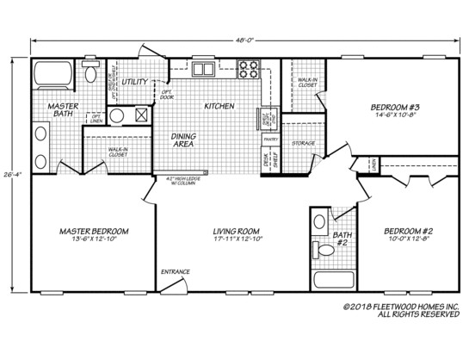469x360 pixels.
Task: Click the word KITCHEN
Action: [x=218, y=106]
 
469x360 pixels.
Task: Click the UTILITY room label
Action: [x=135, y=82]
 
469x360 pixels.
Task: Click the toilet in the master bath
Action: [x=90, y=72]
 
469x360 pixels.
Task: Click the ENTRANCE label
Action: [x=176, y=271]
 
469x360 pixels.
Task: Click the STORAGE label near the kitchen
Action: [x=303, y=143]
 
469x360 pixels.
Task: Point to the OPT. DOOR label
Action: [x=167, y=94]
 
